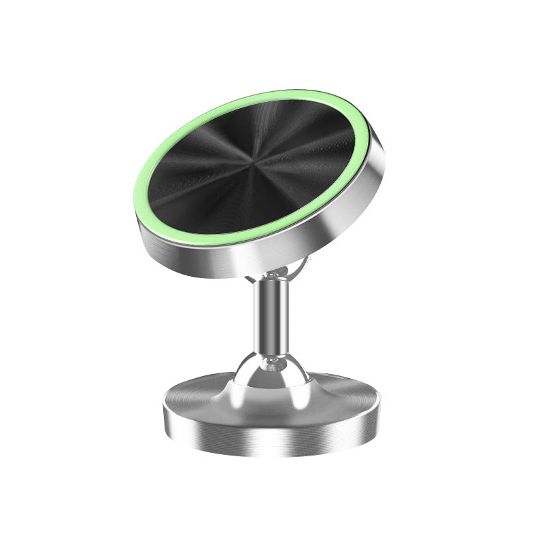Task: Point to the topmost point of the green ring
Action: coord(299,90)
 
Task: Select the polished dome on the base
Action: coord(272,374)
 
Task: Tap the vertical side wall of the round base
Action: coord(272,435)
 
